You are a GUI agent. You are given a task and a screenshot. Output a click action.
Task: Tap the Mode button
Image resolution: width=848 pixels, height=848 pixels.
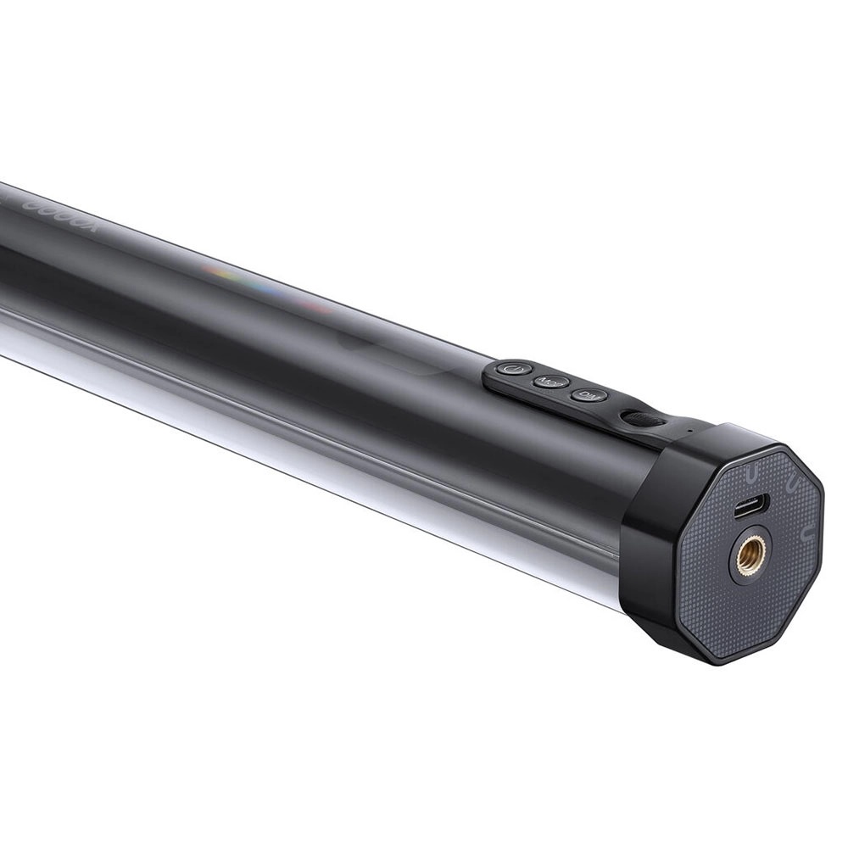coord(551,382)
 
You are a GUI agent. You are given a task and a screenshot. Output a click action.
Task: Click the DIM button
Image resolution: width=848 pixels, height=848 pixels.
coord(589,395)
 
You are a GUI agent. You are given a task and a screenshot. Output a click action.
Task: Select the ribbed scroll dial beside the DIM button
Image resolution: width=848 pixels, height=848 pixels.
coord(642,418)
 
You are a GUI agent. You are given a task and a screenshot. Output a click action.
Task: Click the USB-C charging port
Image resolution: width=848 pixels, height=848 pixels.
coord(750,506)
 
